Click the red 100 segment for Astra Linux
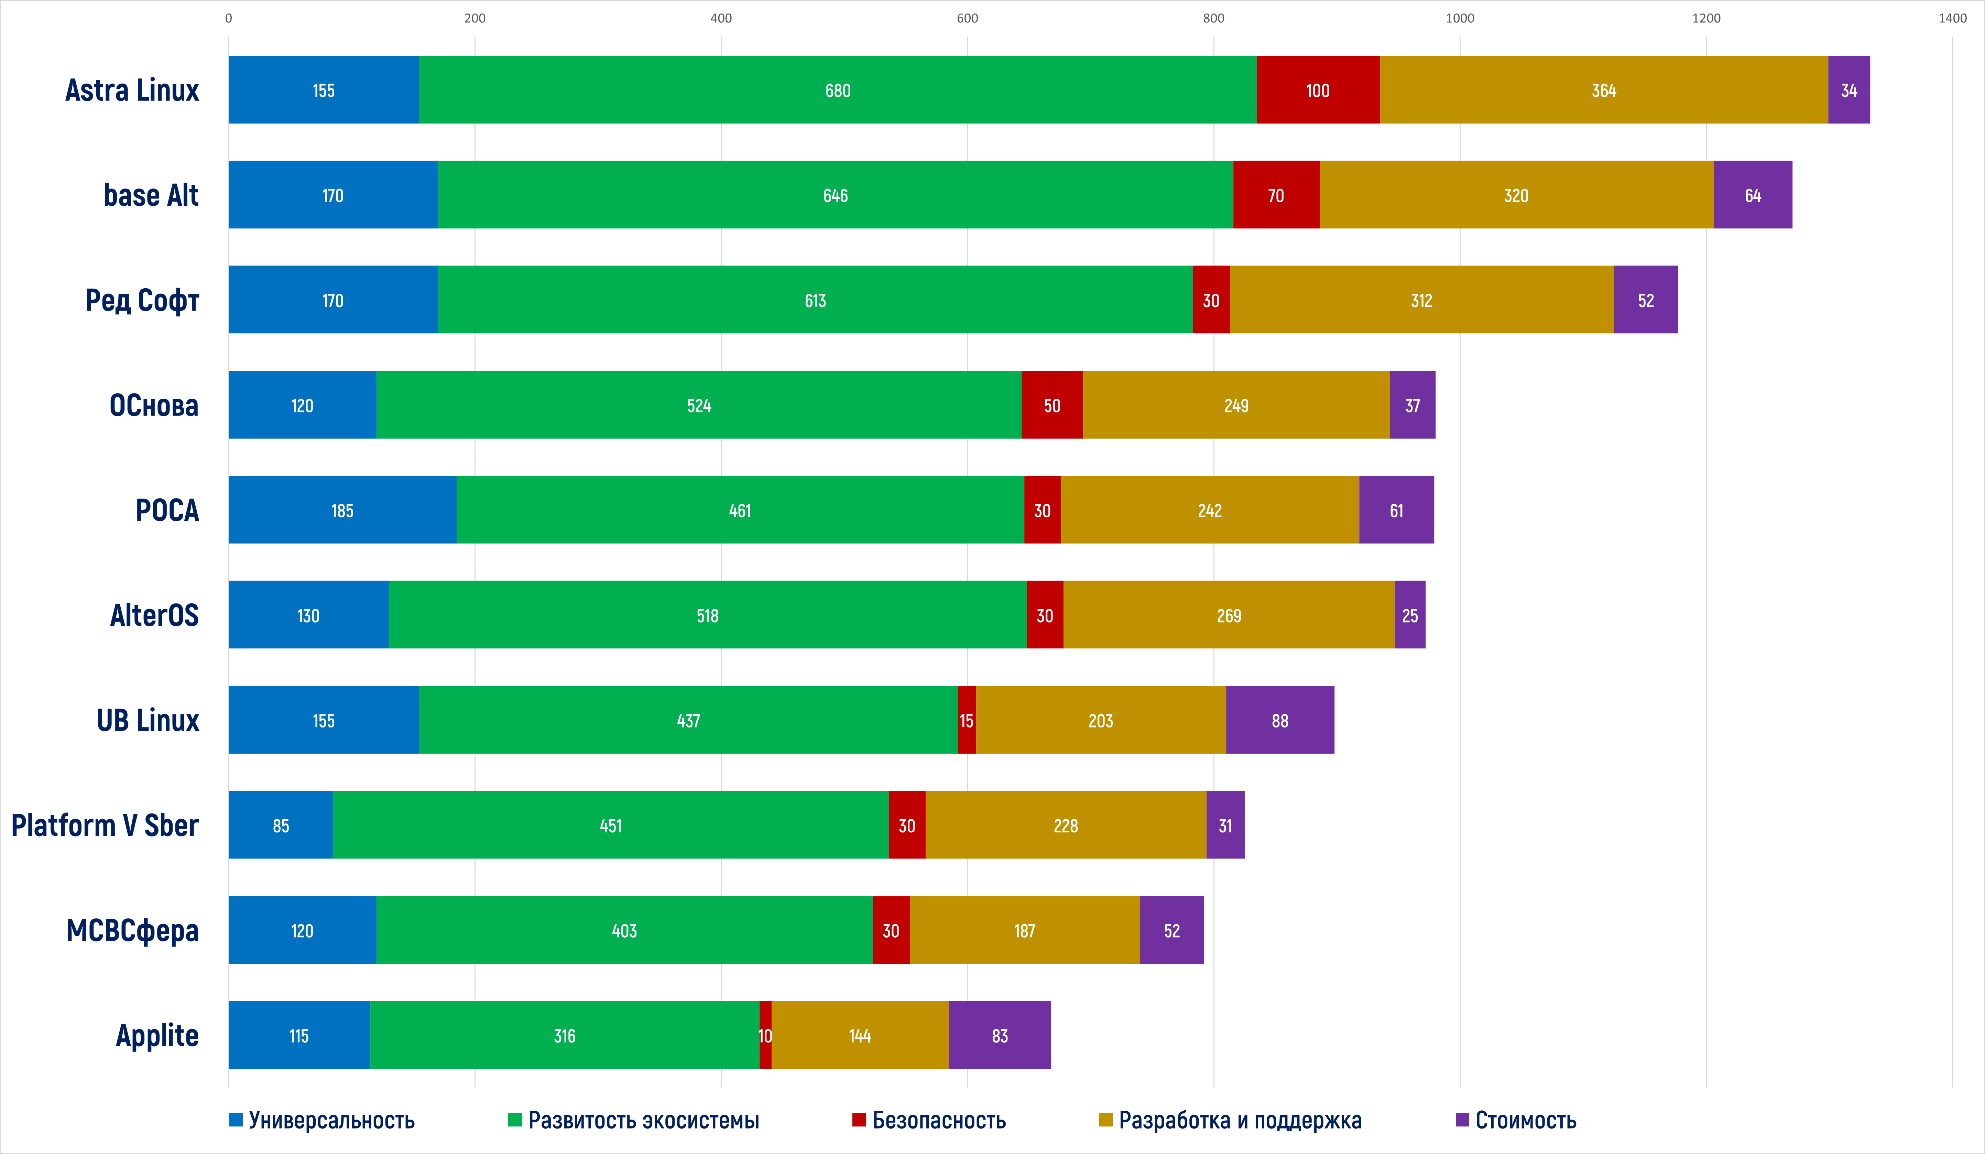coord(1318,90)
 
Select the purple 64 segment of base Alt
coord(1753,195)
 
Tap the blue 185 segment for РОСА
coord(342,510)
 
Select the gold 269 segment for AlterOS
coord(1229,615)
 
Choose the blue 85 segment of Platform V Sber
coord(281,826)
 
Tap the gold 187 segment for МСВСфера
coord(1024,930)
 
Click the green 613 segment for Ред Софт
coord(815,300)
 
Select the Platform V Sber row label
coord(105,826)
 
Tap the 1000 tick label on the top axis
coord(1460,18)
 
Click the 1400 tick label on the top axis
coord(1952,18)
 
